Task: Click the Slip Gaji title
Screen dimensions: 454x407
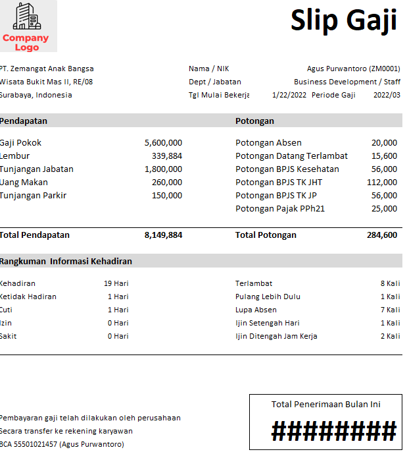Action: tap(344, 20)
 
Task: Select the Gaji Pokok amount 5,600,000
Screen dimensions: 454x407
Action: tap(163, 142)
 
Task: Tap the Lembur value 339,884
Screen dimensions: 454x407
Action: tap(167, 156)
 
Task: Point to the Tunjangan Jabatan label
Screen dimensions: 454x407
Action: tap(37, 169)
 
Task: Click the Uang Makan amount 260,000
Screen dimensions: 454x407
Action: tap(167, 182)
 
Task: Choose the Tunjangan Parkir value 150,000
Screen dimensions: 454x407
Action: tap(167, 195)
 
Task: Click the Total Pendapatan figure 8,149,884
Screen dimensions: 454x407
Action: tap(163, 235)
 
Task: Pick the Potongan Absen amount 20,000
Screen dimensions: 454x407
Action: tap(384, 142)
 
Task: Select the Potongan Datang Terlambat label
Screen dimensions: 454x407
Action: tap(291, 156)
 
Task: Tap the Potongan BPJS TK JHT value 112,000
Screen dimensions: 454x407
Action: tap(382, 182)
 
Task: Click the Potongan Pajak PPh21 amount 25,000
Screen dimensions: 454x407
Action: tap(384, 208)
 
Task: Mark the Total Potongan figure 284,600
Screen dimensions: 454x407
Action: tap(382, 235)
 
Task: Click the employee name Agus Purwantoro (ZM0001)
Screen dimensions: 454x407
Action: tap(353, 69)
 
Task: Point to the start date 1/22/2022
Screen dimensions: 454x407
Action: tap(289, 95)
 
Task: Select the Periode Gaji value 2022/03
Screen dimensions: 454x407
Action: tap(387, 95)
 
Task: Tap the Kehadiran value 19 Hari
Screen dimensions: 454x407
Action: tap(116, 283)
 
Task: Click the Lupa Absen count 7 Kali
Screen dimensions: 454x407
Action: tap(390, 310)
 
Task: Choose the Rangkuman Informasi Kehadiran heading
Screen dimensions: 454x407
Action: tap(66, 261)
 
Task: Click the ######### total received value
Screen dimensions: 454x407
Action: tap(334, 432)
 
